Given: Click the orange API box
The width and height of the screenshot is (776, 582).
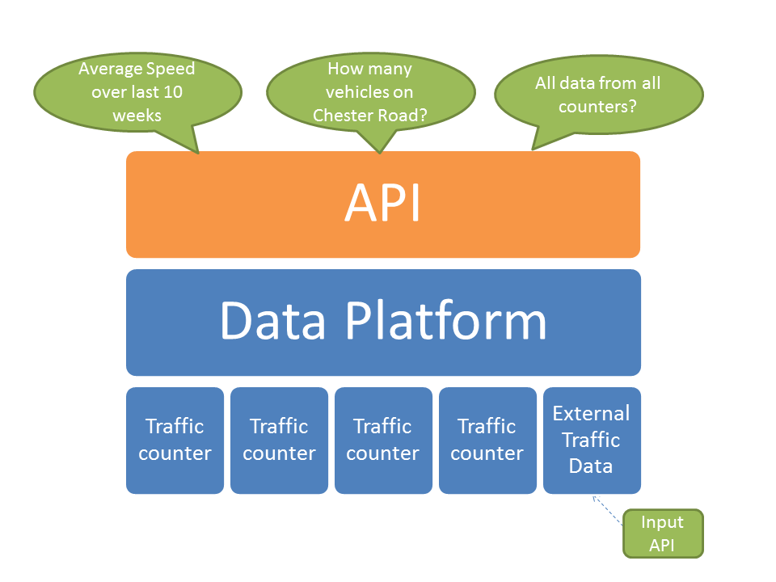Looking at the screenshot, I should pyautogui.click(x=383, y=205).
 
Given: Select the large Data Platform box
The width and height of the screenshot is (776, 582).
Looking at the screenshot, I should pyautogui.click(x=383, y=322).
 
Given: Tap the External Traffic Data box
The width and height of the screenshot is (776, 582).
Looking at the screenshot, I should pyautogui.click(x=592, y=440).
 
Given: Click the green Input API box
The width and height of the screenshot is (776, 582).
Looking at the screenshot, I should pyautogui.click(x=663, y=533).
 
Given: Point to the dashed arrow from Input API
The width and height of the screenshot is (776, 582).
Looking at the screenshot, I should pyautogui.click(x=608, y=511).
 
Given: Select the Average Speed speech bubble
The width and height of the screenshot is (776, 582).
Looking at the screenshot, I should pyautogui.click(x=137, y=91).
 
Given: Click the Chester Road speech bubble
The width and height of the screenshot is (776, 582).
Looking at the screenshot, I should pyautogui.click(x=370, y=91).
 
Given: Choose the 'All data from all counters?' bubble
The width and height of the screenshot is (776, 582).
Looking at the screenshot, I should pyautogui.click(x=598, y=94).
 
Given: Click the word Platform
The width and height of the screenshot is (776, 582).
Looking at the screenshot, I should pyautogui.click(x=446, y=322).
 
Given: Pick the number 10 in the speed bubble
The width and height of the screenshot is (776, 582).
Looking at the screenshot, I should pyautogui.click(x=172, y=92).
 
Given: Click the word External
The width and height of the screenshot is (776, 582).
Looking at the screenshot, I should pyautogui.click(x=591, y=414).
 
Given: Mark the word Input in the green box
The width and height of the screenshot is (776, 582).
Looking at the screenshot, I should pyautogui.click(x=663, y=522).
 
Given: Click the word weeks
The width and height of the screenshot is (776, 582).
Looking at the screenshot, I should pyautogui.click(x=137, y=116).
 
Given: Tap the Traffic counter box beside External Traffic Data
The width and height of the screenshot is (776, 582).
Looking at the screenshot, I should pyautogui.click(x=487, y=440).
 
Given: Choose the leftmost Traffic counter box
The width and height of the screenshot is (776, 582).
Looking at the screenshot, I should pyautogui.click(x=175, y=440).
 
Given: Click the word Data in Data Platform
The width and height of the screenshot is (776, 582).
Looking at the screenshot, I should pyautogui.click(x=272, y=322).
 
